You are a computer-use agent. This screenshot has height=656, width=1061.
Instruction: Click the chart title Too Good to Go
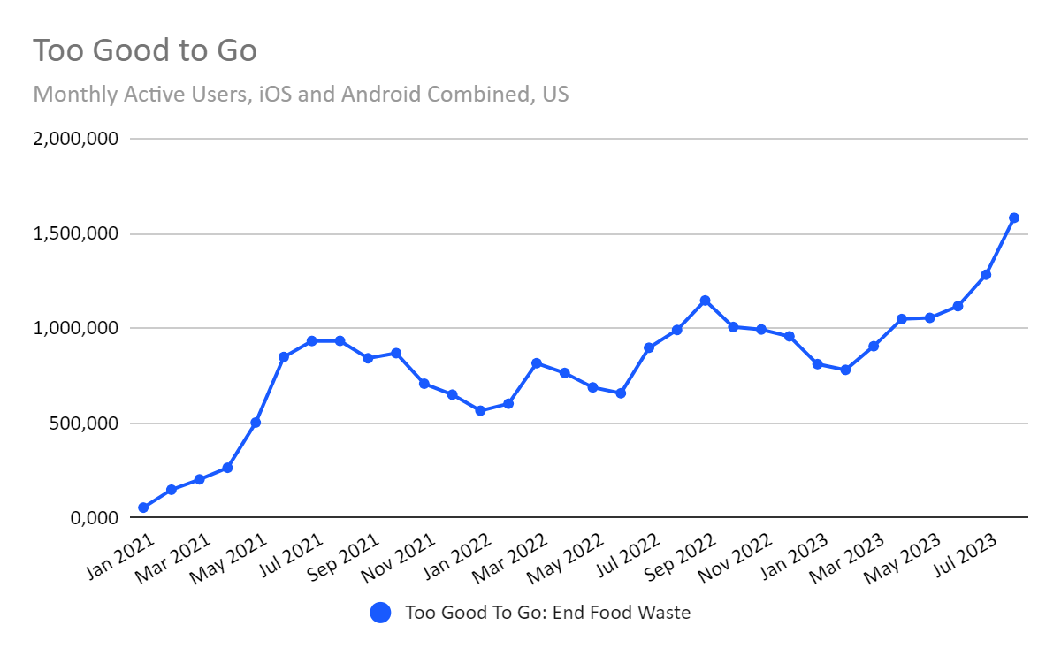click(x=145, y=50)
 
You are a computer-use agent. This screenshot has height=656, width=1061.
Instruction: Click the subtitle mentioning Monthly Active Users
click(x=301, y=94)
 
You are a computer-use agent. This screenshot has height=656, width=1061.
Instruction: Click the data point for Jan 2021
click(x=143, y=507)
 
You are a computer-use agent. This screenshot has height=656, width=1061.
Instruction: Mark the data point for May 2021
click(x=256, y=423)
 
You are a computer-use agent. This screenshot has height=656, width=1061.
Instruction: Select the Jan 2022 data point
click(x=480, y=411)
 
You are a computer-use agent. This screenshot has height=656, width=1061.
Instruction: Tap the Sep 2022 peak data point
click(x=705, y=301)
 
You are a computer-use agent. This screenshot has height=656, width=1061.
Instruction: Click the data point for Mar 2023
click(x=874, y=346)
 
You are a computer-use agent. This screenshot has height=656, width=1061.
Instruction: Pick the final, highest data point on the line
click(x=1014, y=217)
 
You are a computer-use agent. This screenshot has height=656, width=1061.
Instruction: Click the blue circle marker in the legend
click(x=380, y=613)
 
